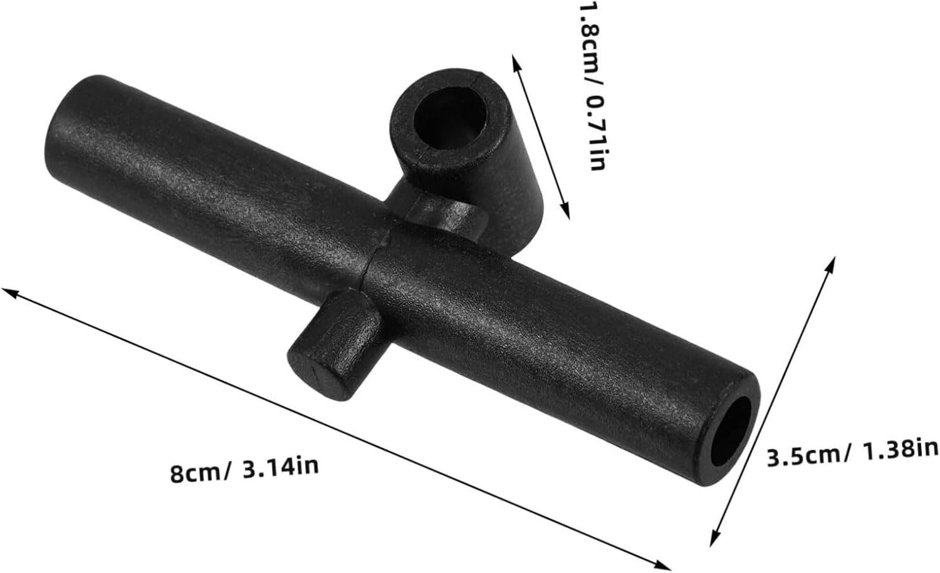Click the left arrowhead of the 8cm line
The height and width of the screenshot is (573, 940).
pyautogui.click(x=10, y=293)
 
